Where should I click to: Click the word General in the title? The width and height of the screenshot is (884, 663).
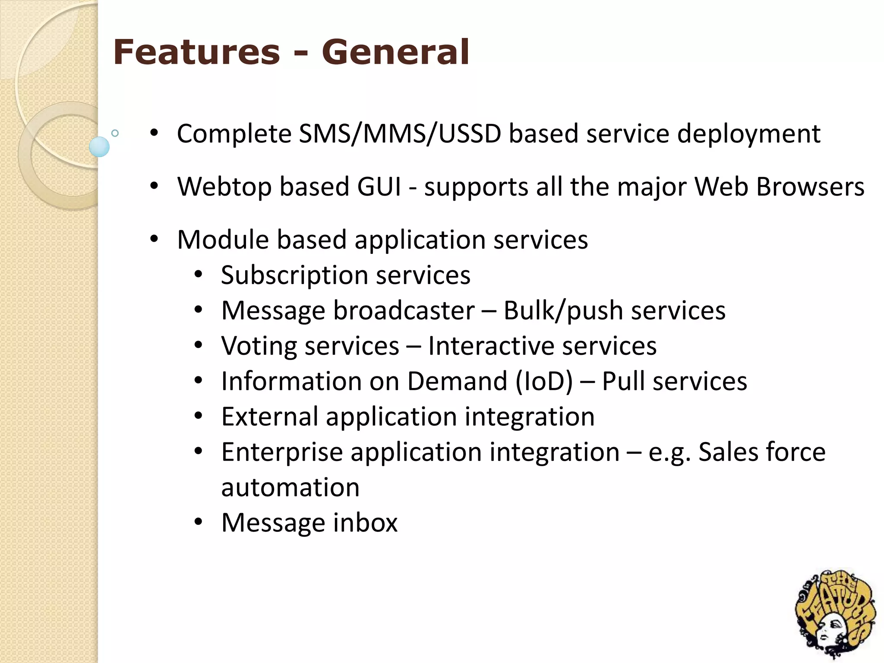click(x=395, y=52)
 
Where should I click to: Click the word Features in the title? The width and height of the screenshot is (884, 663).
click(x=196, y=52)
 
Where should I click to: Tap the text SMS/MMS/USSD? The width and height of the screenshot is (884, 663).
click(x=400, y=133)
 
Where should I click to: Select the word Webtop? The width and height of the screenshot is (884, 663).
click(x=224, y=186)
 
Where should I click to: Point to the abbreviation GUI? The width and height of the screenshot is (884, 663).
click(x=379, y=186)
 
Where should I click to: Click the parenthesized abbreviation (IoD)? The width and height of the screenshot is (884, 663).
click(x=544, y=382)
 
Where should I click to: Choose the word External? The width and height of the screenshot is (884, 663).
click(x=270, y=417)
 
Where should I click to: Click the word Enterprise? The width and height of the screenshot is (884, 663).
click(x=282, y=452)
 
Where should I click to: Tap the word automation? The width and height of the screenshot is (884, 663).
click(x=290, y=487)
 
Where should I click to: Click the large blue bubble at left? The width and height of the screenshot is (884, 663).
click(x=99, y=147)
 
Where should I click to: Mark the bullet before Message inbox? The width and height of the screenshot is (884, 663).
click(x=198, y=523)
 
